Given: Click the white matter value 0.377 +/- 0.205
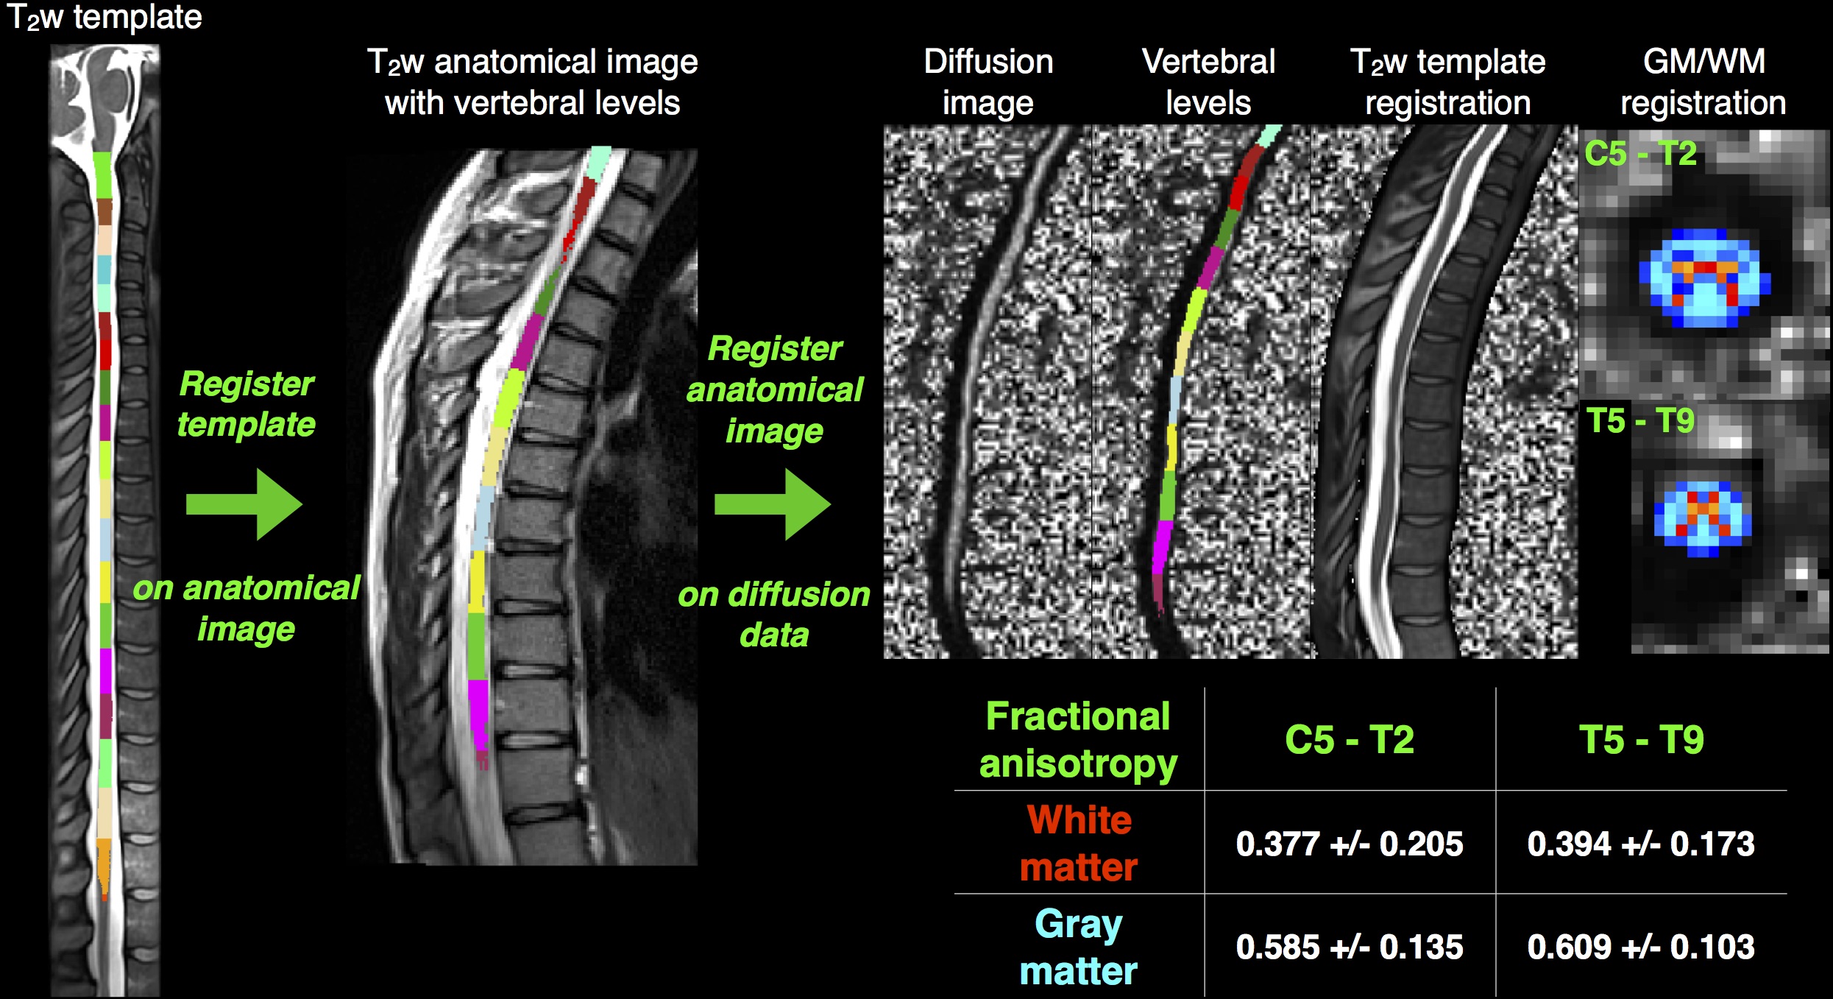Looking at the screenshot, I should point(1349,844).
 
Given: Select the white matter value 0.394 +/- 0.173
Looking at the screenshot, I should point(1640,844).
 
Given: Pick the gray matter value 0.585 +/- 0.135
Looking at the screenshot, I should point(1349,947).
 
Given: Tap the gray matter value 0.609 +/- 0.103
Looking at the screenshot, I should point(1640,947).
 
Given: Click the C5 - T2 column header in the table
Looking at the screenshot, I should point(1349,739).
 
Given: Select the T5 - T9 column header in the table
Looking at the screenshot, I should point(1641,739).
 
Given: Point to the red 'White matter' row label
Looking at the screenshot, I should point(1079,844).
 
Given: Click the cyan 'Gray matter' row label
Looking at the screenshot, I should point(1079,947).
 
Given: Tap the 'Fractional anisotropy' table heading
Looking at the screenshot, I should point(1078,739).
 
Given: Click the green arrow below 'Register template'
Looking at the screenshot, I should point(245,504).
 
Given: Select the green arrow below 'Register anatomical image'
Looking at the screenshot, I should point(773,504).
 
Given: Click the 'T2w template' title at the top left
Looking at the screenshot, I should point(104,16).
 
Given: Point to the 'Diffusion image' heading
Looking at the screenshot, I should point(988,82).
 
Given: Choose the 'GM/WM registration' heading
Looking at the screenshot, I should point(1703,82).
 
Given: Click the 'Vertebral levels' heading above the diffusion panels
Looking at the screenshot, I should point(1208,82).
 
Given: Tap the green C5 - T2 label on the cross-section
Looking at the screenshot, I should point(1640,154).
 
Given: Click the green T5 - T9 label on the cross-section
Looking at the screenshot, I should point(1640,421).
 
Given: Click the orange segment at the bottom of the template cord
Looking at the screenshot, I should point(104,865).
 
